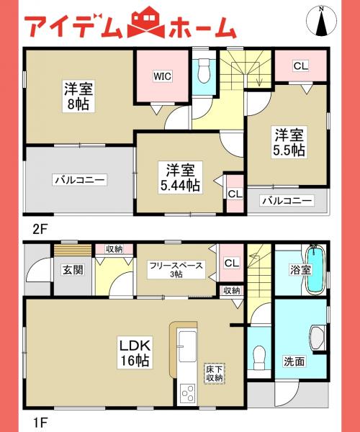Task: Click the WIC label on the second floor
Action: point(160,73)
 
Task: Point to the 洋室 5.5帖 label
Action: point(287,142)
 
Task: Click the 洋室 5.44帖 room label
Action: point(181,177)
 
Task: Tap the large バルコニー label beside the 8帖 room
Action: point(79,179)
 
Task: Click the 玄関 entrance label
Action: point(72,270)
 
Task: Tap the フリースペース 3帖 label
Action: point(176,269)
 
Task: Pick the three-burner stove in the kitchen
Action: point(187,395)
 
